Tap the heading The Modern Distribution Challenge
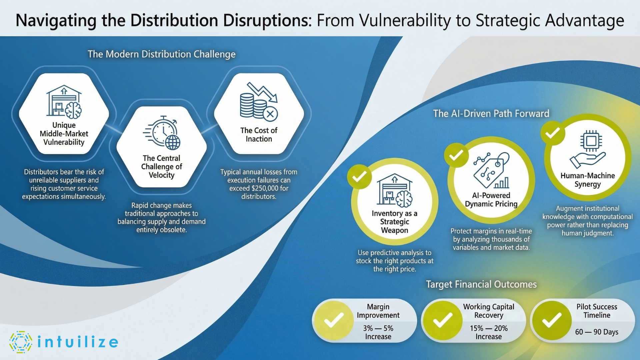(161, 54)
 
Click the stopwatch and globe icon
(162, 133)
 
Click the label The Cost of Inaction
(259, 135)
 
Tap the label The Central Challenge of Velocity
(161, 167)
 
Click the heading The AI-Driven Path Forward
(491, 114)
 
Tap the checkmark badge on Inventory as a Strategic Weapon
(359, 177)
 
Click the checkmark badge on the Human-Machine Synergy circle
(553, 133)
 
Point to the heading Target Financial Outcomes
(481, 284)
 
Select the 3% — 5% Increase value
(378, 332)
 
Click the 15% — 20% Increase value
(489, 332)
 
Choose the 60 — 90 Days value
(597, 332)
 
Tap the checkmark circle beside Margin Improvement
(334, 320)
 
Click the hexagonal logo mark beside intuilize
(21, 342)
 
